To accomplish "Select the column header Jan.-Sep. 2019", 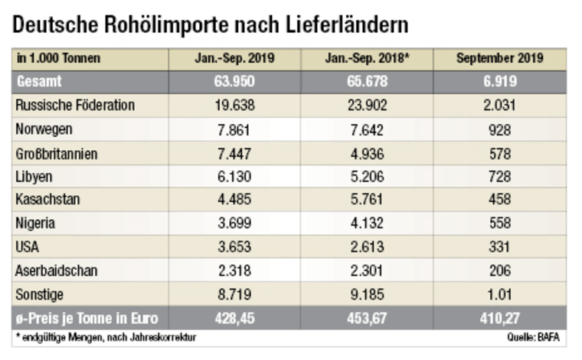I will click(x=234, y=58).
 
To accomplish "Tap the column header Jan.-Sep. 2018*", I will click(x=367, y=58).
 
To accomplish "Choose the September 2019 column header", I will click(x=499, y=58).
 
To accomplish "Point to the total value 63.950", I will click(x=234, y=82).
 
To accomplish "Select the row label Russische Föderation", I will click(x=75, y=106).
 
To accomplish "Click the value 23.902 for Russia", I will click(x=366, y=106).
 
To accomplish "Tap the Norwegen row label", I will click(x=44, y=129).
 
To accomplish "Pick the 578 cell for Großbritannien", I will click(x=499, y=153).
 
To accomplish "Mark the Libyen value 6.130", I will click(x=234, y=176).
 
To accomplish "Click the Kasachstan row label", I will click(x=47, y=200).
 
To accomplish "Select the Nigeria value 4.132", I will click(x=366, y=224).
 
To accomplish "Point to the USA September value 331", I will click(x=499, y=247).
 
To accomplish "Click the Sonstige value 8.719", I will click(x=234, y=295).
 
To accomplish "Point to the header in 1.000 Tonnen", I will click(x=58, y=58).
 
